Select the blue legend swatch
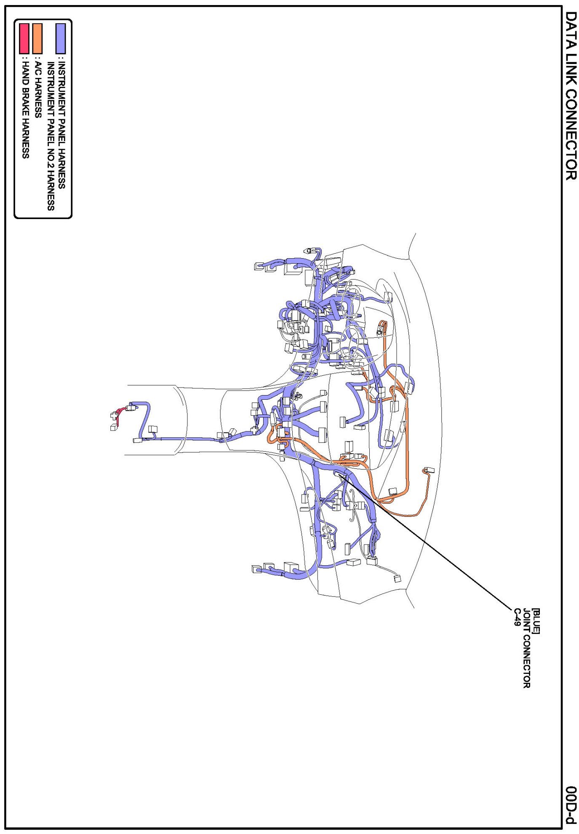[x=61, y=38]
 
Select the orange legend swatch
[x=37, y=38]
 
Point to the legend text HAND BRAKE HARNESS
[x=25, y=110]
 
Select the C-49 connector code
[x=517, y=617]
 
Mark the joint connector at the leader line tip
[x=339, y=474]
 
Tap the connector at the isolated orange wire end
[x=429, y=470]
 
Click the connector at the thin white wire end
[x=397, y=578]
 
